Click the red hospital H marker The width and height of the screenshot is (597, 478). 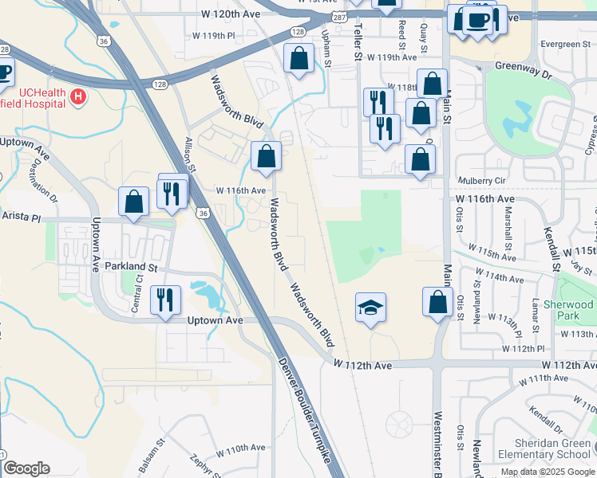tap(78, 98)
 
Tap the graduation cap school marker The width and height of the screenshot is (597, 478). tap(370, 308)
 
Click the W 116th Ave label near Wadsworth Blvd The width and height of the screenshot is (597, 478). tap(240, 191)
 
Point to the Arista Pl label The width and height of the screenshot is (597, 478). tap(20, 216)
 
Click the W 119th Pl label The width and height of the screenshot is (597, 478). tap(215, 37)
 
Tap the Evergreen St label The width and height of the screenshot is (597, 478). tap(563, 44)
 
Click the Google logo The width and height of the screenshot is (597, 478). tap(26, 468)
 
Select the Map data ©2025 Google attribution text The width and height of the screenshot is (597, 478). tap(548, 472)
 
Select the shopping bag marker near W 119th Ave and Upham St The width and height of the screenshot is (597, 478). tap(298, 59)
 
